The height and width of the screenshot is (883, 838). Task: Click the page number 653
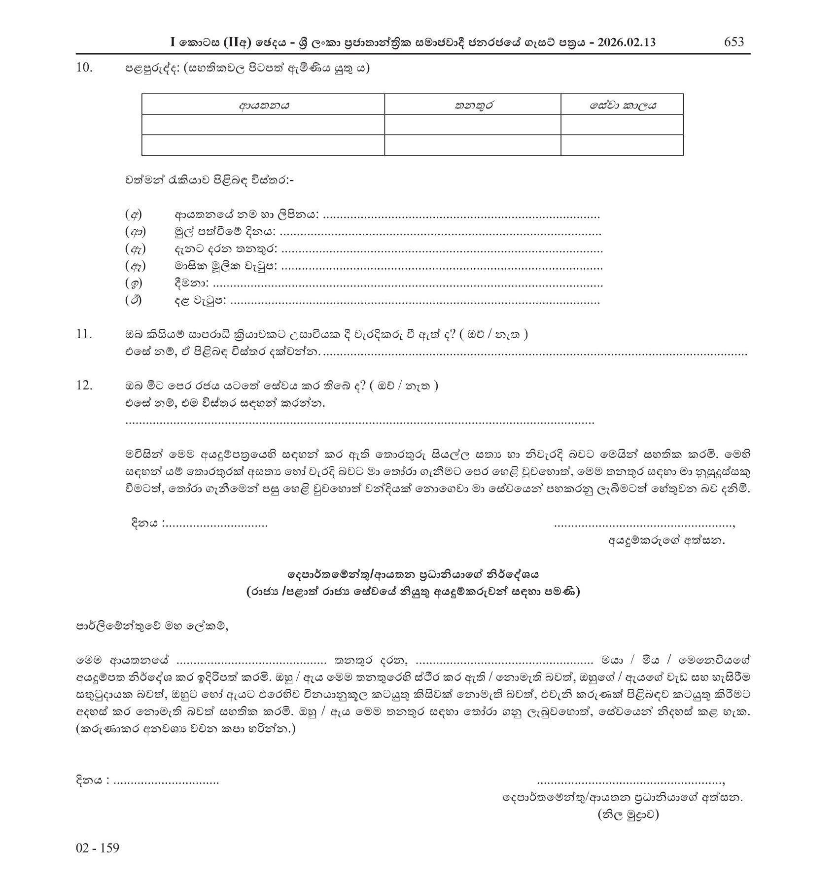click(733, 42)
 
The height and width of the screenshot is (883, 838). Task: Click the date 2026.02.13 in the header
click(627, 42)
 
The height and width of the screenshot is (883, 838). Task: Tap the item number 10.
click(84, 68)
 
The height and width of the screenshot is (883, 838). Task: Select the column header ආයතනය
click(263, 105)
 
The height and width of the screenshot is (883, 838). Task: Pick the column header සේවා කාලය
click(622, 105)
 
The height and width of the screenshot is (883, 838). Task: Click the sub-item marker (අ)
click(133, 215)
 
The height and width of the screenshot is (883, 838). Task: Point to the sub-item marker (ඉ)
click(133, 283)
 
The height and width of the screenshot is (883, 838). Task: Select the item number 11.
click(84, 334)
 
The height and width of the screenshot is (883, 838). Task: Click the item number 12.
click(84, 385)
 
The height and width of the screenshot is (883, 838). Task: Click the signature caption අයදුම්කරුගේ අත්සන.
click(666, 540)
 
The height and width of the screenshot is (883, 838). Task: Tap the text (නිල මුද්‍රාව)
click(628, 828)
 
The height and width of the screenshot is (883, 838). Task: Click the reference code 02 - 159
click(98, 862)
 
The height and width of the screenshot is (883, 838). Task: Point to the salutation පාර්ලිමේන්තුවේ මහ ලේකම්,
click(152, 627)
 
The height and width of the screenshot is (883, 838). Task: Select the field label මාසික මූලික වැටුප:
click(226, 266)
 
